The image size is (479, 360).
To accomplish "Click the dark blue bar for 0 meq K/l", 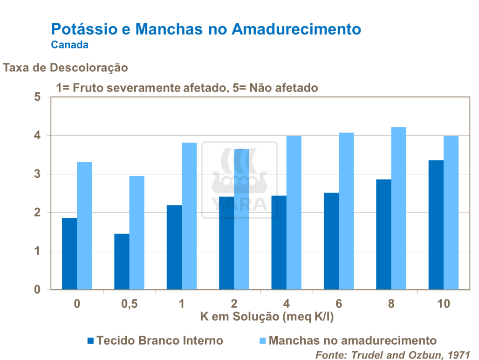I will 69,254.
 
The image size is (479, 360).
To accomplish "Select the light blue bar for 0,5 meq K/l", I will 137,233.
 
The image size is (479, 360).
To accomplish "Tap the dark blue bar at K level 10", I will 436,225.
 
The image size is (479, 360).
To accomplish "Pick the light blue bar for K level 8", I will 398,208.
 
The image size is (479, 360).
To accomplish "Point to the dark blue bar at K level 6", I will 331,241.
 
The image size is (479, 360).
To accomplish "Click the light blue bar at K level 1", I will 189,216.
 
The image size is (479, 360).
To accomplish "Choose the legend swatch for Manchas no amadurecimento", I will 262,340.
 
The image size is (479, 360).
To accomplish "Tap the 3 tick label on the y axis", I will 38,174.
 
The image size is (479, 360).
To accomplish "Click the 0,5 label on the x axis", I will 130,304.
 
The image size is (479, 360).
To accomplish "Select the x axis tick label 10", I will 443,304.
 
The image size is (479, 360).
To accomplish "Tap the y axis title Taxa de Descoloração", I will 66,68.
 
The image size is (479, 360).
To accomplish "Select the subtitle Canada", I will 70,45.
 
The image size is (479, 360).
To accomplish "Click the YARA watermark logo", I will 239,180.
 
